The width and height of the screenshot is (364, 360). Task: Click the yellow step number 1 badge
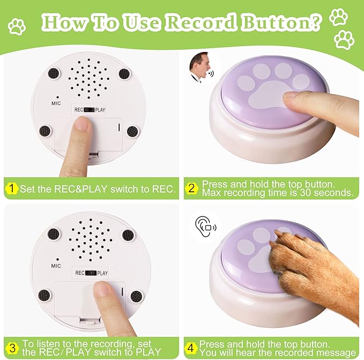tap(11, 189)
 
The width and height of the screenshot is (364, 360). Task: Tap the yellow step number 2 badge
tap(191, 189)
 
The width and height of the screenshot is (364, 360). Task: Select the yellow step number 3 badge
tap(12, 348)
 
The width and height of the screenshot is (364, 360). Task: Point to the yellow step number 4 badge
tap(191, 348)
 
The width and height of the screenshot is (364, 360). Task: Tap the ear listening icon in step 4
tap(205, 227)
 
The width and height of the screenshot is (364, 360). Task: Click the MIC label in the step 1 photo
tap(56, 103)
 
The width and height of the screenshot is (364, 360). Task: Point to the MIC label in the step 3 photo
tap(56, 266)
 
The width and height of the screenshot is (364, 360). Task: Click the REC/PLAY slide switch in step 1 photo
tap(89, 110)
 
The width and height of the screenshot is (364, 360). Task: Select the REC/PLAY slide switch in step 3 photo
tap(91, 273)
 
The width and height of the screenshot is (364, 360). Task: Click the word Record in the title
tap(201, 22)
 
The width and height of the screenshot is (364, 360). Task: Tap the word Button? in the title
tap(281, 22)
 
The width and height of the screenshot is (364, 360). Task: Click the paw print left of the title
tap(17, 27)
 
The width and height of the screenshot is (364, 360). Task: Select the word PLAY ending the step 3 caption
tap(148, 352)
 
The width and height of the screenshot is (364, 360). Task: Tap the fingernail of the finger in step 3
tap(101, 288)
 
